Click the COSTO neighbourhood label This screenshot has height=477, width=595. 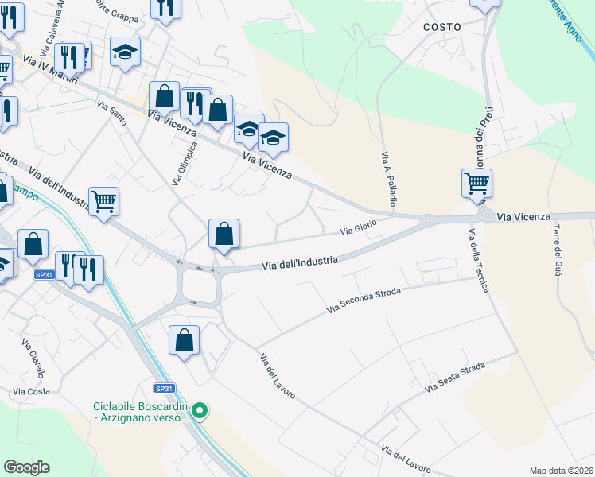click(x=442, y=27)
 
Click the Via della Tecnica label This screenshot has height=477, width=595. click(x=478, y=260)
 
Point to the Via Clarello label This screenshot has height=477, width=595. click(x=33, y=356)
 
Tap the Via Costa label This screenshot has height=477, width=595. click(x=32, y=391)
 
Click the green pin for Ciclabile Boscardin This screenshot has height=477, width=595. click(x=200, y=411)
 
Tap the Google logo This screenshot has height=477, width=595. click(x=26, y=467)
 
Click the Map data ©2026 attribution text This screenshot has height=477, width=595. click(x=561, y=471)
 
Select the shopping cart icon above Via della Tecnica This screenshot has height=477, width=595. click(x=476, y=184)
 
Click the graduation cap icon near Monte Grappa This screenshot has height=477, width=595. click(x=125, y=52)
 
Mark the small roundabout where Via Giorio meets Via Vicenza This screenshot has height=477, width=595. click(x=427, y=220)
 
